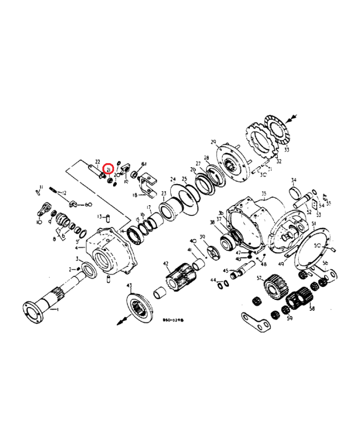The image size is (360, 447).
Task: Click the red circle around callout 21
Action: click(x=109, y=169)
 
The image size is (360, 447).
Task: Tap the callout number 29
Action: click(x=213, y=141)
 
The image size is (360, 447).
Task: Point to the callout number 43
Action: click(x=129, y=285)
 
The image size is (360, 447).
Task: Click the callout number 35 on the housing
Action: click(x=264, y=194)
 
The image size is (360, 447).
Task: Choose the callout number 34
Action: click(x=294, y=180)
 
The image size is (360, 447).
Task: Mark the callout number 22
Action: click(x=98, y=162)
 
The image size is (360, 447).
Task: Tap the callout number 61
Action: click(x=145, y=164)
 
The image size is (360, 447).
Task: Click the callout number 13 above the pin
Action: click(x=100, y=216)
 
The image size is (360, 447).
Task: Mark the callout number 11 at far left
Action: click(x=41, y=187)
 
